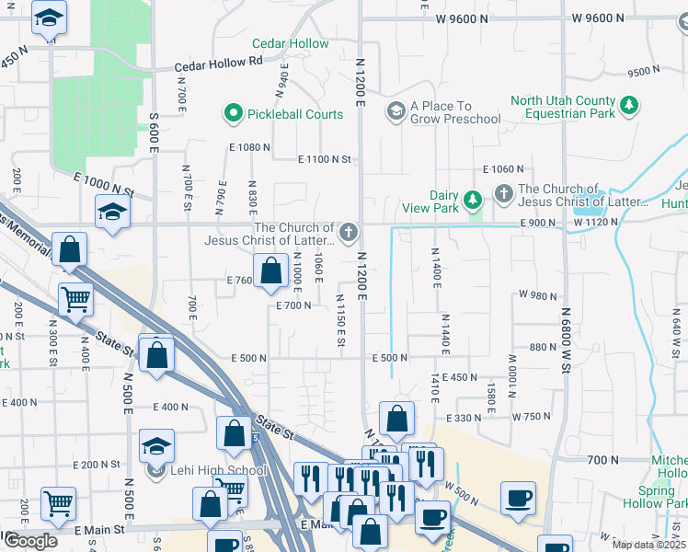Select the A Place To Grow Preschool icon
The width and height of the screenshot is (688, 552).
(x=396, y=112)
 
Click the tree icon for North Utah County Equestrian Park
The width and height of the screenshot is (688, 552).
(x=629, y=107)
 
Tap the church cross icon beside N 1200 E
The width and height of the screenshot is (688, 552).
(x=348, y=234)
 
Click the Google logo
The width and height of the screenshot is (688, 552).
(x=30, y=541)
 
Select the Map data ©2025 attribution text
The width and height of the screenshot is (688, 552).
(x=648, y=545)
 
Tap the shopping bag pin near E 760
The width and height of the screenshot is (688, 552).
(x=270, y=271)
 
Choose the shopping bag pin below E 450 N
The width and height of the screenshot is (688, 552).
(x=396, y=420)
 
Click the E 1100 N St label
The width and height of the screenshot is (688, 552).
(x=325, y=159)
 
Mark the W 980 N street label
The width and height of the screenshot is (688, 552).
(x=538, y=294)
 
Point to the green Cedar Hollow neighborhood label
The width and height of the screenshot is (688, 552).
(x=290, y=43)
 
